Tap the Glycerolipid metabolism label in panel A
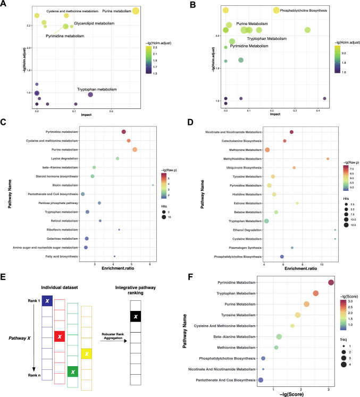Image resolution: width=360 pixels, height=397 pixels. [x=97, y=23]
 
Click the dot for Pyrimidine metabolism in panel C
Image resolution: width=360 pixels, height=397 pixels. [x=123, y=132]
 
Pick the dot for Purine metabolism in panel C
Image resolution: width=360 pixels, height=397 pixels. [x=135, y=149]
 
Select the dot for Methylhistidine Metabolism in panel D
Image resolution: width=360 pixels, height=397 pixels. [x=328, y=159]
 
